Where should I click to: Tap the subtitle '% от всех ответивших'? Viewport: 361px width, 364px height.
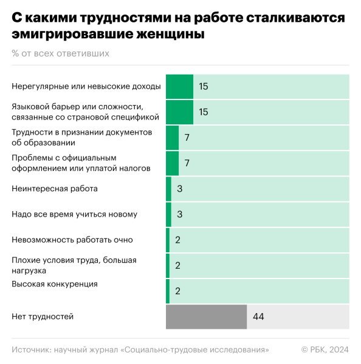click(x=60, y=53)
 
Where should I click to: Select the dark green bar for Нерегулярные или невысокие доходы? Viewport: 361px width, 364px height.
click(x=179, y=87)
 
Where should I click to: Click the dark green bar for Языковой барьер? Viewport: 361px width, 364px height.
click(x=179, y=112)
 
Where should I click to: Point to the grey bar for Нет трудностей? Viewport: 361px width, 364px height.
click(x=206, y=317)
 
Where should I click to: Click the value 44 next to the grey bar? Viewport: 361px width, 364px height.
click(x=258, y=317)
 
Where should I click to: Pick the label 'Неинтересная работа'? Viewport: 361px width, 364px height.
click(x=55, y=189)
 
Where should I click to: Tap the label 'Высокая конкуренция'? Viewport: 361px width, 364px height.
click(x=55, y=284)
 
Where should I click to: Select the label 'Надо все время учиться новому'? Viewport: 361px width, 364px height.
click(x=74, y=214)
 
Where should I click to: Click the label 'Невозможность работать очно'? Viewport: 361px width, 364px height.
click(x=72, y=240)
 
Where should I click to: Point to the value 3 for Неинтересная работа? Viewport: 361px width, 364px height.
click(x=180, y=189)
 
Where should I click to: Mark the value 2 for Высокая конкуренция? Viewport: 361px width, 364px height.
click(x=177, y=291)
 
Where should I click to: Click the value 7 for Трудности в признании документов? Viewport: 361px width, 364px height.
click(x=187, y=138)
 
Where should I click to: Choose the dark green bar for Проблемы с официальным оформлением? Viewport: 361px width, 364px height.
click(x=172, y=163)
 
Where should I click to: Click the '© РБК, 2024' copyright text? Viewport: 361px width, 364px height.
click(x=325, y=349)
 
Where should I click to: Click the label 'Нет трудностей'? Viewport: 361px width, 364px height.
click(x=43, y=317)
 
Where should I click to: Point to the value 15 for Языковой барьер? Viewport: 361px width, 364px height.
click(x=204, y=112)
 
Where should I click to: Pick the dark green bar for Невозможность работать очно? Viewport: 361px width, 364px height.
click(x=168, y=240)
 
